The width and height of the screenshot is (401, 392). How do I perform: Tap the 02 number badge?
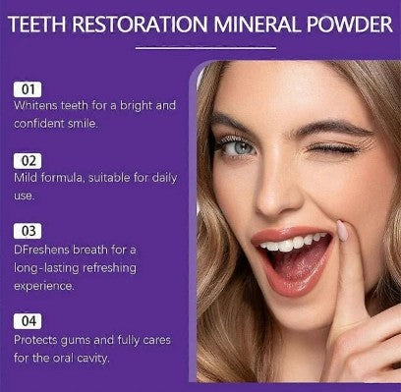[28, 158]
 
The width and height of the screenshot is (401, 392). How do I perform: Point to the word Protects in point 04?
[40, 339]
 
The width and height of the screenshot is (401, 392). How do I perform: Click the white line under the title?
[200, 45]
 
